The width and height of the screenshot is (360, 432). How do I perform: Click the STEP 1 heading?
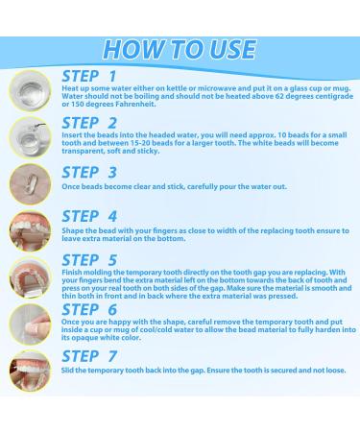(90, 75)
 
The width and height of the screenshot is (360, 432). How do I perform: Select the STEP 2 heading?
(90, 123)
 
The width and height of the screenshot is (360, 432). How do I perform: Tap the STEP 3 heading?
(90, 174)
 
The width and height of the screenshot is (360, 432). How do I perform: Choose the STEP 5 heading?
(90, 259)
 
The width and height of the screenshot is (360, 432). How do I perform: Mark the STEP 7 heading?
(90, 364)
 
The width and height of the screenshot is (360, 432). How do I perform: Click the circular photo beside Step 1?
(27, 91)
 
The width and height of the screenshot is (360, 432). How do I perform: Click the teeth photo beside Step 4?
(27, 230)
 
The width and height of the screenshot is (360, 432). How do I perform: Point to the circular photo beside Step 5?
(27, 277)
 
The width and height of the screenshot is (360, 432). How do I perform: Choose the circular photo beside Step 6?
(27, 324)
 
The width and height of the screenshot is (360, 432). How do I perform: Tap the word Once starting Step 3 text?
(74, 191)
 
